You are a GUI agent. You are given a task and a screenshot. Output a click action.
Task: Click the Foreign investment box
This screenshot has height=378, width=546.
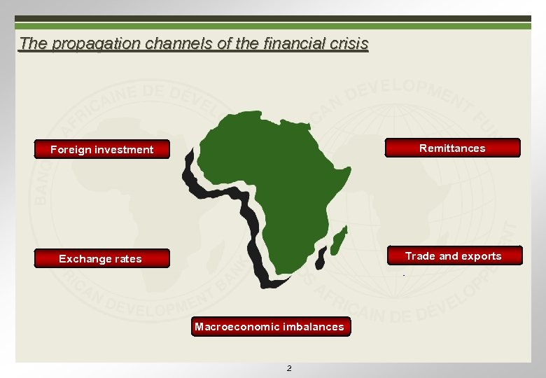tap(102, 149)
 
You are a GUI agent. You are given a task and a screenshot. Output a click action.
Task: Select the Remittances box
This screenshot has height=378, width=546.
tap(452, 148)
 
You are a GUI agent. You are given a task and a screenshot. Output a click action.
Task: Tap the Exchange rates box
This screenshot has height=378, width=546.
tap(102, 258)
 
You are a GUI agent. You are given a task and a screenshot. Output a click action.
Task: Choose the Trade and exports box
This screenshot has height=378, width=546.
tap(454, 256)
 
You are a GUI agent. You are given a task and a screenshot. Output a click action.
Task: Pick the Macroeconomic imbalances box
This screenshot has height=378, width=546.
tap(270, 326)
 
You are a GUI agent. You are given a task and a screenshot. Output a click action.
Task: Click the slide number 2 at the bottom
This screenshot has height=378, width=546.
tap(290, 368)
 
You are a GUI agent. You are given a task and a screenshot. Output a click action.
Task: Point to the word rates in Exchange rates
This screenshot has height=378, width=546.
tap(127, 258)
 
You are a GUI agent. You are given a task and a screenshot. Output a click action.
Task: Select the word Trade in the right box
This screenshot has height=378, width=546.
tap(419, 256)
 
